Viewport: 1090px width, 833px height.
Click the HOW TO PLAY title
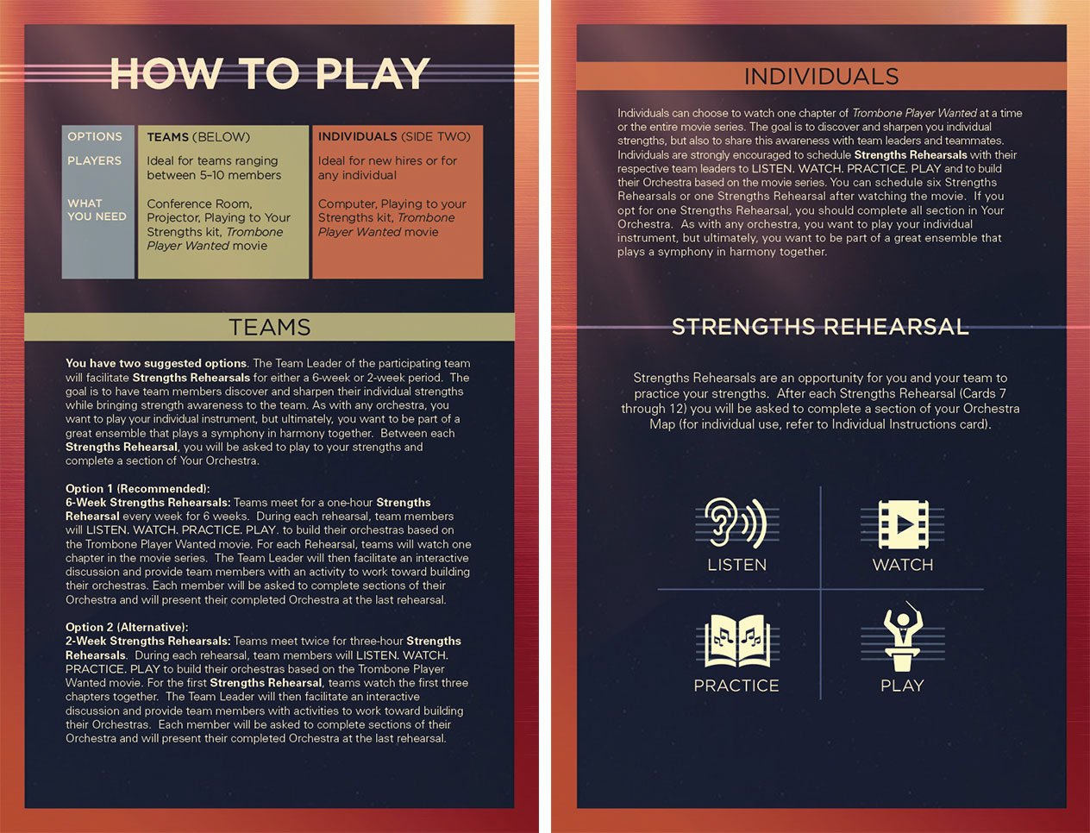270,73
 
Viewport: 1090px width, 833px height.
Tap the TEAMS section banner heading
270,327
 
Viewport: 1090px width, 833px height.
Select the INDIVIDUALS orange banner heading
821,77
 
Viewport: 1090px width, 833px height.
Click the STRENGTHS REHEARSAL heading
820,327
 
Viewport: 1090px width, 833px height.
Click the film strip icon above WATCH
903,524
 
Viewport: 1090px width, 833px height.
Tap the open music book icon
737,641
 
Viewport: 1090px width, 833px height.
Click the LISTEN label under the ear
737,565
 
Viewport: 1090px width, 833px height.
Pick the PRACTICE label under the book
736,686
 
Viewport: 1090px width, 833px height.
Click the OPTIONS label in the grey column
95,136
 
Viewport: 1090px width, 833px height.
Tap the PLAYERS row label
94,161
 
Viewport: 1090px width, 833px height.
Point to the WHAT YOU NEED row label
97,210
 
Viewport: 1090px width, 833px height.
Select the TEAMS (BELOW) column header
198,137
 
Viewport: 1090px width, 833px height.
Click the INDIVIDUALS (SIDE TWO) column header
394,136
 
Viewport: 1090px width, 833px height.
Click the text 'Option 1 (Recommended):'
138,488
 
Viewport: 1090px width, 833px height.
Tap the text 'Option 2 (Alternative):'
127,627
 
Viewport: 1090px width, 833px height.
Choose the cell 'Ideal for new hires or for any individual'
387,168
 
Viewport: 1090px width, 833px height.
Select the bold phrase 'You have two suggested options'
156,363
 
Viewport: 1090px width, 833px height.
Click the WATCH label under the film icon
903,565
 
